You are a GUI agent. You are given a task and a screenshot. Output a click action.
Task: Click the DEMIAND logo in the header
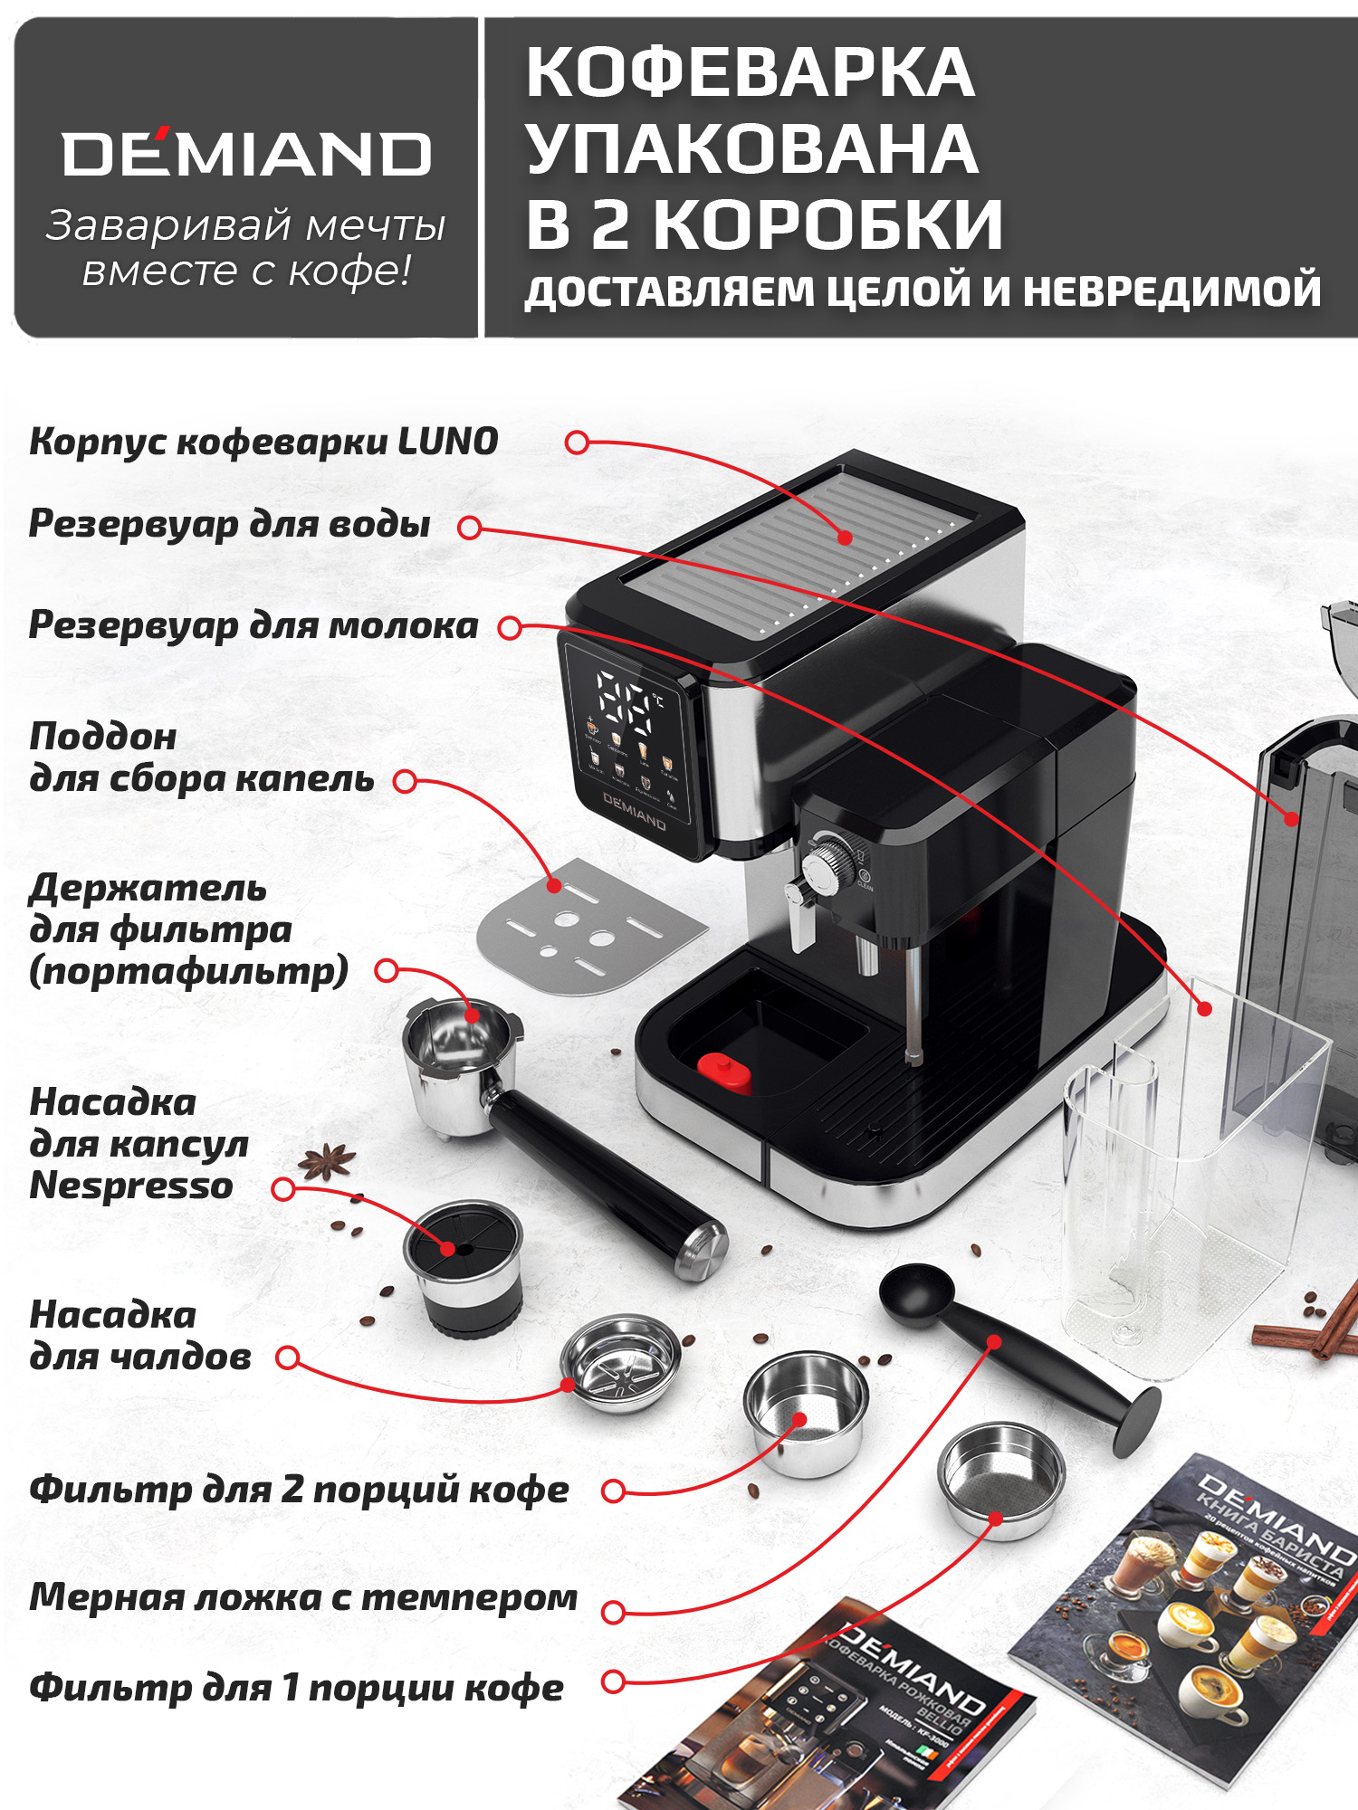246,154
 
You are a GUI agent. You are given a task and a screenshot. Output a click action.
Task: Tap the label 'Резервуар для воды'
229,524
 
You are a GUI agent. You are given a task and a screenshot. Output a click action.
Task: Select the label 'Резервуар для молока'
253,625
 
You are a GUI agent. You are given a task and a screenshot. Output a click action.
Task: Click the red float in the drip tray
724,1072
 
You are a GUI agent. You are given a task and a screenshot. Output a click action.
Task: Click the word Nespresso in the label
131,1186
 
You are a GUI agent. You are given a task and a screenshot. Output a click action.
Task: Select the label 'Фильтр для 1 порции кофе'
296,1688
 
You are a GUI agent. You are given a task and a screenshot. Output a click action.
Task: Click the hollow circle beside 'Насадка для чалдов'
288,1357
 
